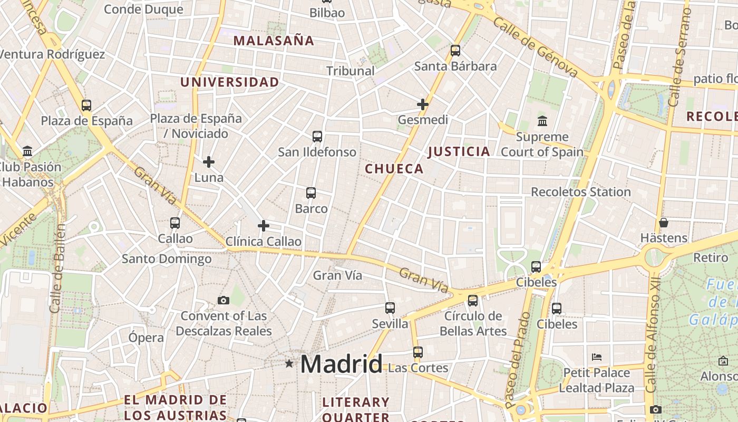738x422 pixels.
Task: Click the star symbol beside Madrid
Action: [289, 363]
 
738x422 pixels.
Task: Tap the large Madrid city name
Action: [342, 364]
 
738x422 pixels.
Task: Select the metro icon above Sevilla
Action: [390, 308]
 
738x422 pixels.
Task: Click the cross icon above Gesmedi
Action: [423, 104]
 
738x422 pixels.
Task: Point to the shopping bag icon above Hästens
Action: [664, 223]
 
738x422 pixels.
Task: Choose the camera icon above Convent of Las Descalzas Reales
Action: [224, 300]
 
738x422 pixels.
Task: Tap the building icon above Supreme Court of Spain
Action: [542, 121]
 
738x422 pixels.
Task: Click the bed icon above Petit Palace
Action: [597, 357]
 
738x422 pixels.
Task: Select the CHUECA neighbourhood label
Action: [394, 169]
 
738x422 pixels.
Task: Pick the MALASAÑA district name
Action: [274, 41]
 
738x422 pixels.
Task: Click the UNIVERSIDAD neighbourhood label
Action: [229, 82]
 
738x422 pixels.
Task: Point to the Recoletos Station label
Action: [581, 192]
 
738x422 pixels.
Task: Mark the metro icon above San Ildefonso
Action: [317, 137]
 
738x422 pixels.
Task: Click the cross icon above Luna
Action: [209, 162]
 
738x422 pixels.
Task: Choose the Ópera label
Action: [146, 338]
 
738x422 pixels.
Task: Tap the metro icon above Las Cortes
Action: [418, 352]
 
